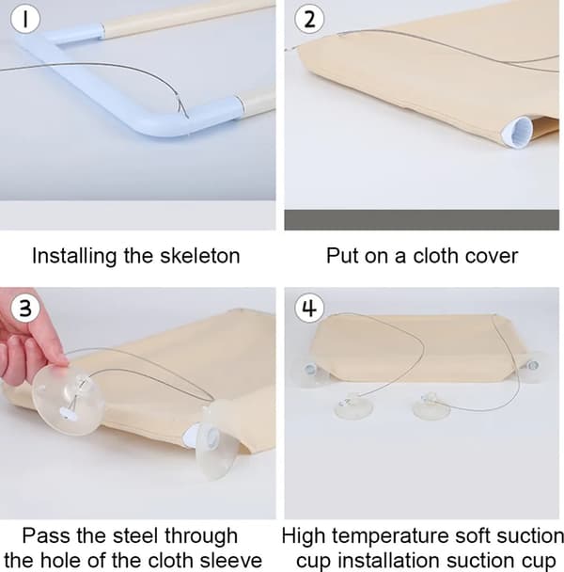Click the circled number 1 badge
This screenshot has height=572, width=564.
pos(25,19)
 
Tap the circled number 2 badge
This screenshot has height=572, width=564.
pos(309,19)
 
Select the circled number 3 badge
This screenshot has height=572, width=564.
pos(25,308)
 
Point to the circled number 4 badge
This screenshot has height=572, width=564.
pos(309,308)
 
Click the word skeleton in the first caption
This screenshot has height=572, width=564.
pos(200,256)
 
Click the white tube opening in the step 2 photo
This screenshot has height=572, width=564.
pos(517,132)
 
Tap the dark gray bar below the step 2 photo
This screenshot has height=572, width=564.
pos(421,219)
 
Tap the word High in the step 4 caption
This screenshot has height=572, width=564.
pos(304,536)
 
